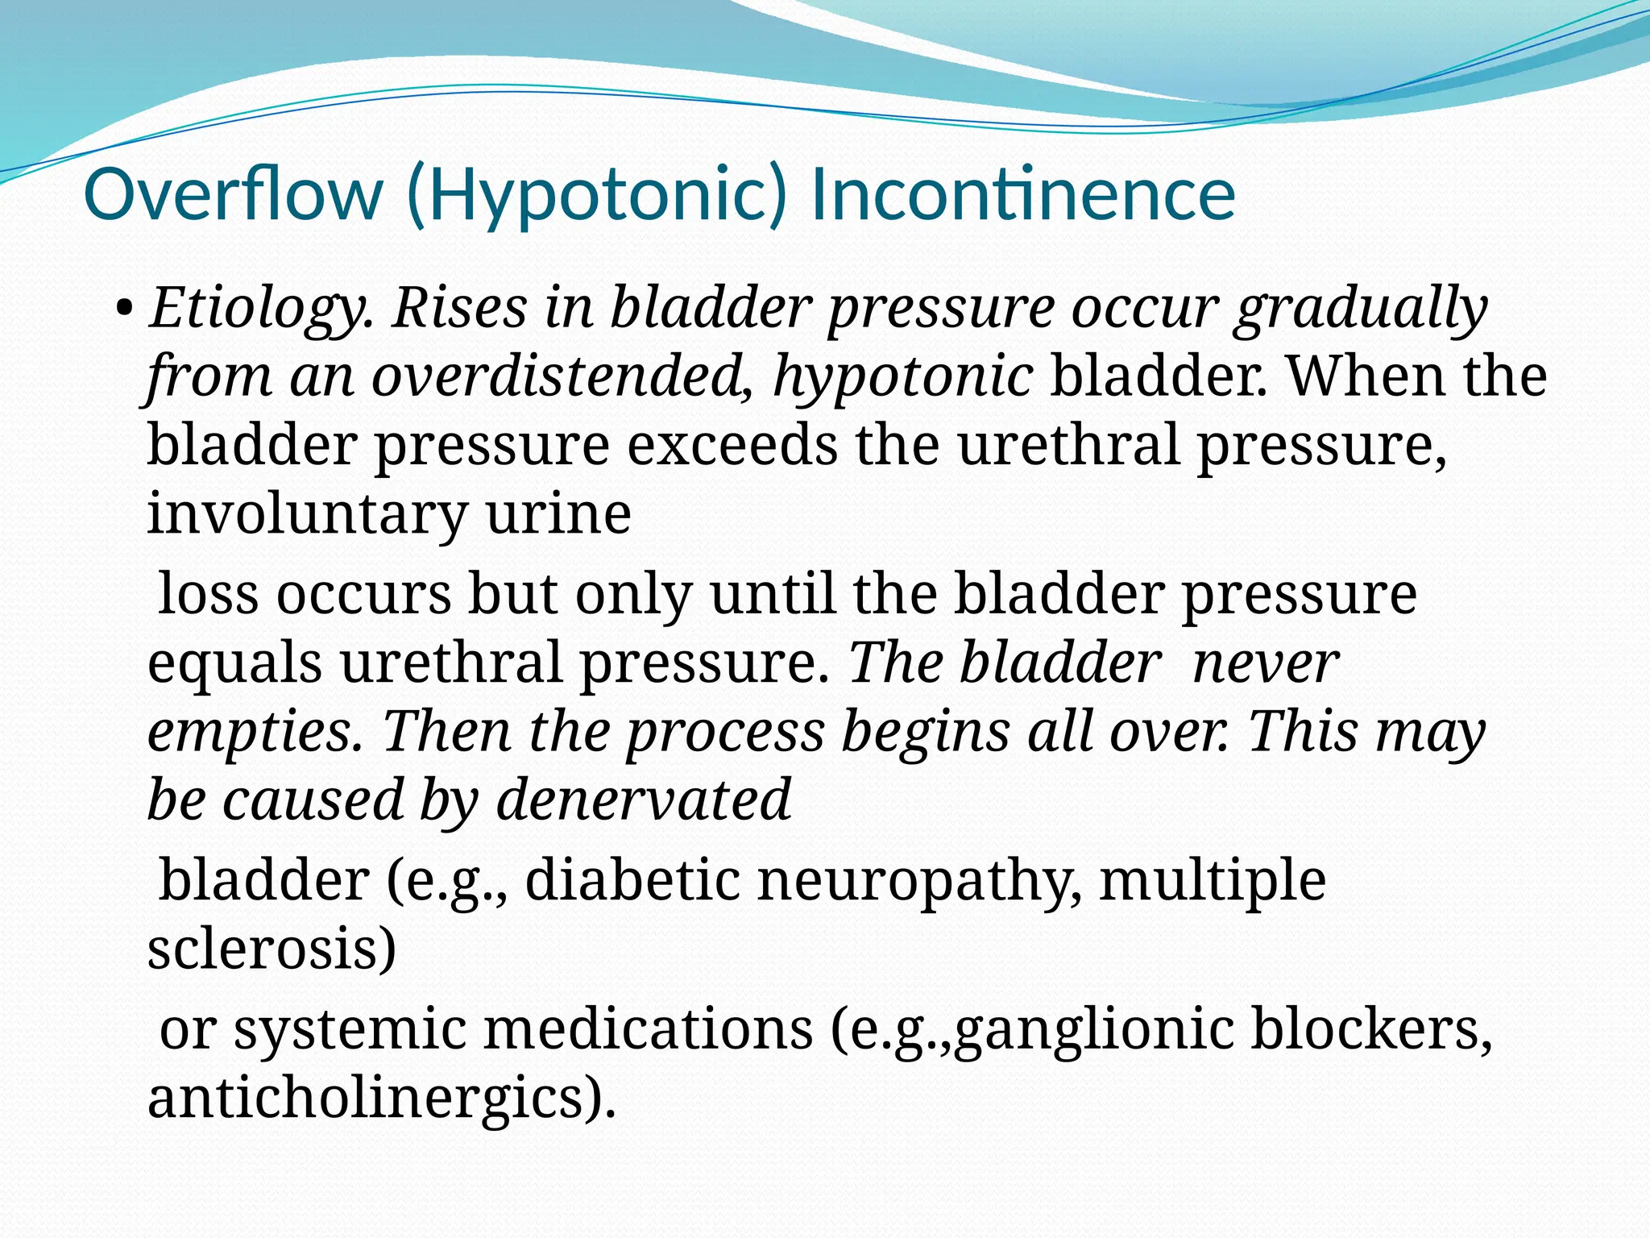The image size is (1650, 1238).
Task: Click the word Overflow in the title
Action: tap(234, 195)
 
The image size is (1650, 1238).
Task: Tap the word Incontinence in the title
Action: tap(1023, 195)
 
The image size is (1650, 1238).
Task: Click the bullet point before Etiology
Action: tap(124, 308)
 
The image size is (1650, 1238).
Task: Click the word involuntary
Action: tap(307, 514)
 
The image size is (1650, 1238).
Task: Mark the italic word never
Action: tap(1265, 663)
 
